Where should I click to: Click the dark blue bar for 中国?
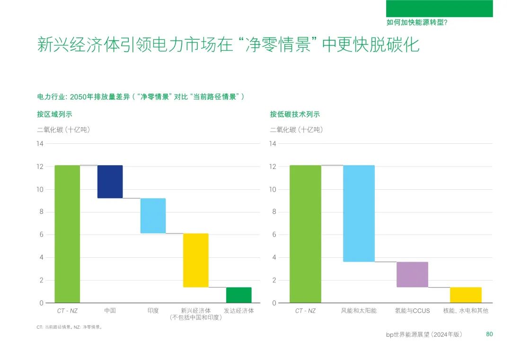click(110, 182)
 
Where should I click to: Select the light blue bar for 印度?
click(153, 216)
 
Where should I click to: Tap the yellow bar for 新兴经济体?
click(196, 260)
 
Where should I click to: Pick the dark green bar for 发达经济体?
click(238, 295)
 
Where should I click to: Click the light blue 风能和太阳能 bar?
click(359, 213)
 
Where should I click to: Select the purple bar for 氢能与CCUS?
click(412, 274)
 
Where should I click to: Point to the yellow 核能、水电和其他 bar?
click(466, 295)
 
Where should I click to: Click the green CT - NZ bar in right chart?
click(305, 234)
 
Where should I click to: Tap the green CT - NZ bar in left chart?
click(67, 234)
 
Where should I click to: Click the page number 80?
click(489, 334)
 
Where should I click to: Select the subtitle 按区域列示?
click(54, 114)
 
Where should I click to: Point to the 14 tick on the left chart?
click(40, 144)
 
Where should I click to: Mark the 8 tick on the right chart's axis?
click(274, 212)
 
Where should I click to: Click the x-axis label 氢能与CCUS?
click(412, 311)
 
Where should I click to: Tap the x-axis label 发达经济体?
click(238, 311)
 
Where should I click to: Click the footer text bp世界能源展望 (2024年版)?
click(424, 334)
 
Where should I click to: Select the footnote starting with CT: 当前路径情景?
click(70, 327)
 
